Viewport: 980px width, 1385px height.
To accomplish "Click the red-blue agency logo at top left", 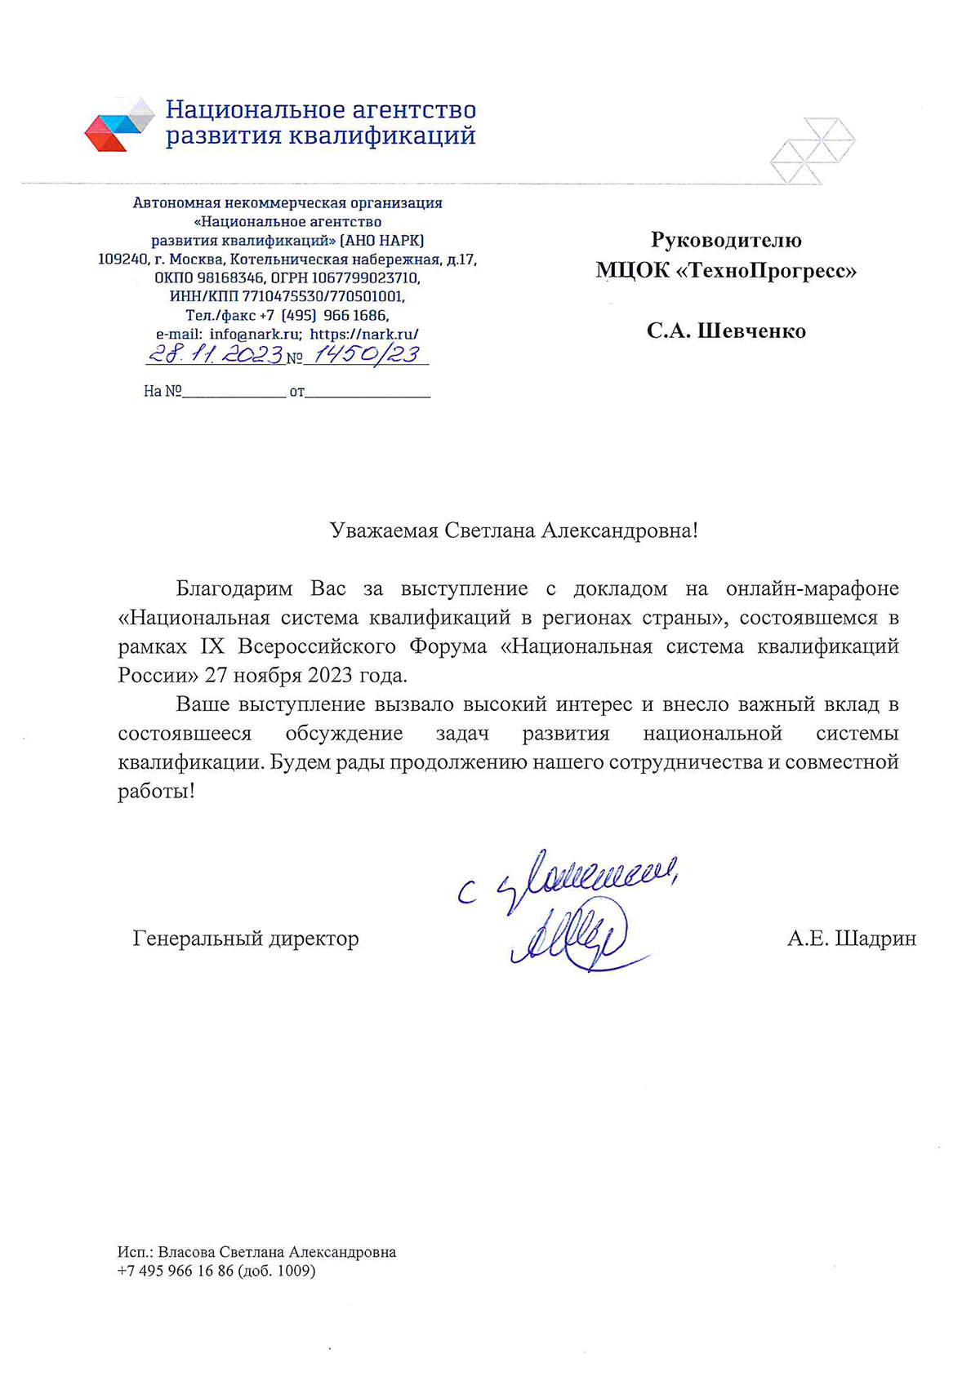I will [119, 123].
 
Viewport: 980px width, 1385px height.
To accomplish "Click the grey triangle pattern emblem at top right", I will [812, 150].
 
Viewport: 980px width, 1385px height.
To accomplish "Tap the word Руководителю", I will [726, 240].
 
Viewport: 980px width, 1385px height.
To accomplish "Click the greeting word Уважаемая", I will [384, 530].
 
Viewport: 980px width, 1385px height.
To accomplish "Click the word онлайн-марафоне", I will [812, 588].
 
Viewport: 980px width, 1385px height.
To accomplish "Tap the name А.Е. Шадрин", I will [851, 939].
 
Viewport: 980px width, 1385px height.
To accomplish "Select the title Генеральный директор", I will [246, 939].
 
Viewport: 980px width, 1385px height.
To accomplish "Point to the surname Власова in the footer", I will [186, 1252].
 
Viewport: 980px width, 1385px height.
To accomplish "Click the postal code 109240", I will [122, 260].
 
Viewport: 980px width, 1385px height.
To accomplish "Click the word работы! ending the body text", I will [156, 791].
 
